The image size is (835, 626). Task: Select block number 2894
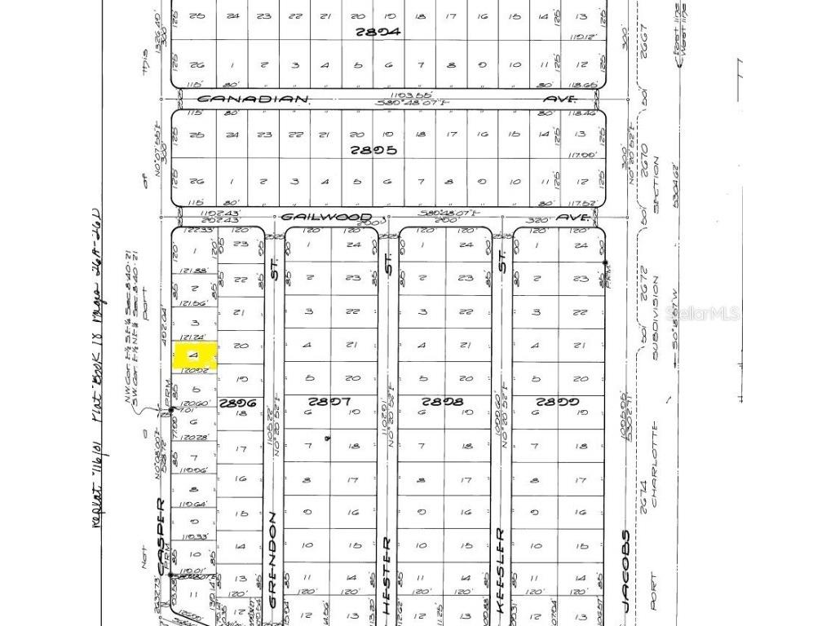click(x=378, y=33)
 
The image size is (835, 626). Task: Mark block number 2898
click(x=441, y=402)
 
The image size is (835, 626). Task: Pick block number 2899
click(x=557, y=402)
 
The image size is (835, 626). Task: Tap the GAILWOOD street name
click(x=325, y=218)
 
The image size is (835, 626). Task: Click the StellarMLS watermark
click(x=702, y=313)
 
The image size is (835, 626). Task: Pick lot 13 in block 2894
click(x=581, y=15)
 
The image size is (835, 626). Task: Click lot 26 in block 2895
click(x=195, y=181)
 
